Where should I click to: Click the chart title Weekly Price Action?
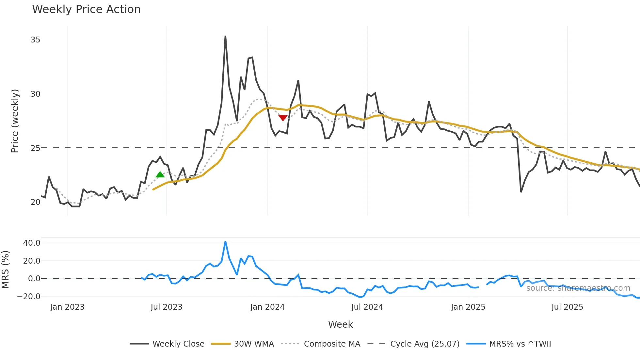tap(86, 9)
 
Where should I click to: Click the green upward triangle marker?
tap(160, 175)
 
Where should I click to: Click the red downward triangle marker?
tap(283, 118)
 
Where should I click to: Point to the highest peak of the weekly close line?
tap(225, 36)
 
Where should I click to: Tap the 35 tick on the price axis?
tap(35, 40)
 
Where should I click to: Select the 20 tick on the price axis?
tap(35, 202)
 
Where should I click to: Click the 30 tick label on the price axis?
tap(35, 94)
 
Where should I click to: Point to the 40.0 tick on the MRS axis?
tap(32, 243)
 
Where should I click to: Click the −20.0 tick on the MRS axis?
tap(29, 297)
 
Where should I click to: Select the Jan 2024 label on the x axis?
tap(267, 307)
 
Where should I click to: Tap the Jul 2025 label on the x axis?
tap(567, 307)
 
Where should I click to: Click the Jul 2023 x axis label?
tap(166, 307)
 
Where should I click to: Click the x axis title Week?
tap(340, 324)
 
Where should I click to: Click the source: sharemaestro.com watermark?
tap(578, 288)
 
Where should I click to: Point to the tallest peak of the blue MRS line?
tap(225, 242)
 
